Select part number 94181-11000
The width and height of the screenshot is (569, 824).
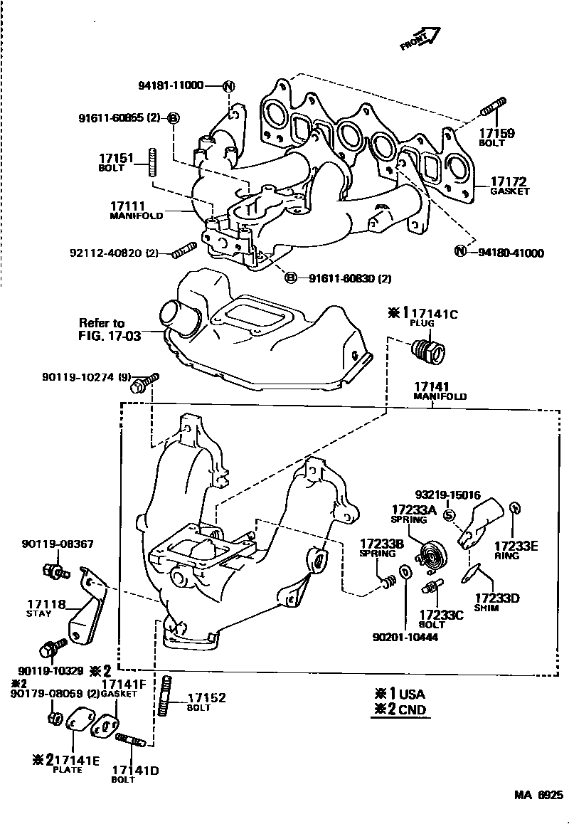170,86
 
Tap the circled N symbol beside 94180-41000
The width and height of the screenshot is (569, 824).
460,251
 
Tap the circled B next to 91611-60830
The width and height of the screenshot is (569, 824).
291,278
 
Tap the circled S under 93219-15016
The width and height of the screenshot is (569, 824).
449,515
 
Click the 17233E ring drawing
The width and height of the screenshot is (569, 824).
517,508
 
